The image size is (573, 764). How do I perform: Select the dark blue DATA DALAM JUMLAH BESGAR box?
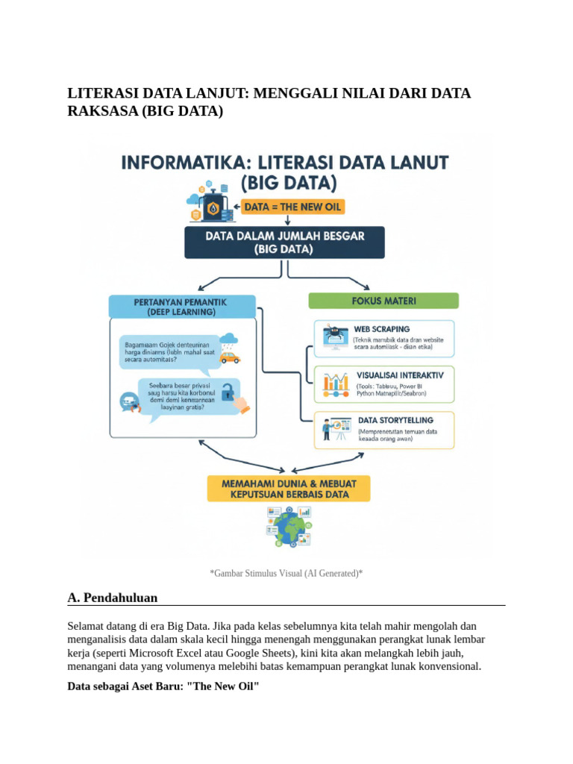(285, 243)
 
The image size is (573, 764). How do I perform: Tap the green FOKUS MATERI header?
(383, 301)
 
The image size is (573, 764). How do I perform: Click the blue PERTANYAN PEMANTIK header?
(181, 306)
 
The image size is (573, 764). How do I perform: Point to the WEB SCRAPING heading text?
(382, 329)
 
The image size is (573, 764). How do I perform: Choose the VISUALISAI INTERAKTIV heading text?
(401, 375)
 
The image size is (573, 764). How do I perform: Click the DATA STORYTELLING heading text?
(395, 420)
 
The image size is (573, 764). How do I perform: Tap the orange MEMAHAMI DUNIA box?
(289, 489)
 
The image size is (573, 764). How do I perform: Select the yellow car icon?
(230, 357)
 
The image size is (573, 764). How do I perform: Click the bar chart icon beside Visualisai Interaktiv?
(336, 383)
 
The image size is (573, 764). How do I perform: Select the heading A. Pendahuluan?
(112, 598)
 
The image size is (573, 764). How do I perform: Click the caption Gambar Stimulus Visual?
(286, 573)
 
